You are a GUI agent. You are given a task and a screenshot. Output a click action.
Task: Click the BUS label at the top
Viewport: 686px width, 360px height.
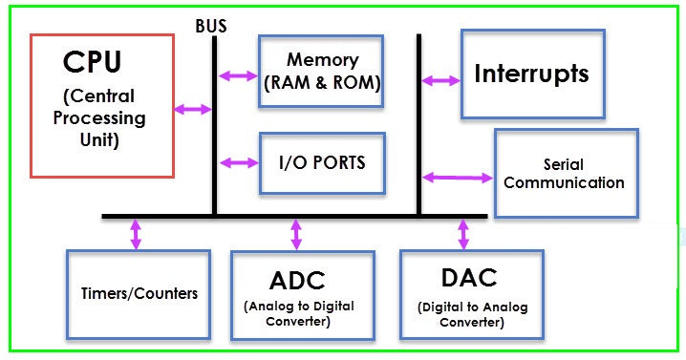(x=210, y=26)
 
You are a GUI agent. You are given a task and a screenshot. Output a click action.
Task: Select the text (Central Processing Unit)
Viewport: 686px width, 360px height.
(x=100, y=118)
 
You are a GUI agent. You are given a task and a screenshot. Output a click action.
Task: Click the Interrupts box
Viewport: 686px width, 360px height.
(x=532, y=74)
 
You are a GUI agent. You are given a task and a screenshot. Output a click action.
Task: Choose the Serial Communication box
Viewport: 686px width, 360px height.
(x=565, y=174)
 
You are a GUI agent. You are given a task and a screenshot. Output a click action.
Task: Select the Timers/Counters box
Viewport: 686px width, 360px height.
(x=138, y=293)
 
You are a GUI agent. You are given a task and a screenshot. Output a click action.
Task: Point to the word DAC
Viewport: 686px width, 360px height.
(x=471, y=278)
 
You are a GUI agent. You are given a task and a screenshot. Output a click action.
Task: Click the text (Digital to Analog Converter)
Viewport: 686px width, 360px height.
(x=471, y=314)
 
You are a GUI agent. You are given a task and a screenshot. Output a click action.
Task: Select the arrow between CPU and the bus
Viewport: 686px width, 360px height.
(x=193, y=110)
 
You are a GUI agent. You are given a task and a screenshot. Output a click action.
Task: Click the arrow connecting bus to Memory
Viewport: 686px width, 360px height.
(x=238, y=75)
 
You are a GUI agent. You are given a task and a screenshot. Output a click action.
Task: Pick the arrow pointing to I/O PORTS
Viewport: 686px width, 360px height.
(x=240, y=161)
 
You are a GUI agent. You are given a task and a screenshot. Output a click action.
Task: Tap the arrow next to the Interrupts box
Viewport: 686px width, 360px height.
(x=440, y=80)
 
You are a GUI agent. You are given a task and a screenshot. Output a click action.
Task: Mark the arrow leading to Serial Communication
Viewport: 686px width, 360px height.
(x=457, y=176)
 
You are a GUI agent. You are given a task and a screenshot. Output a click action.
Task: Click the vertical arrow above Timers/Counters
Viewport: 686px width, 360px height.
(x=136, y=234)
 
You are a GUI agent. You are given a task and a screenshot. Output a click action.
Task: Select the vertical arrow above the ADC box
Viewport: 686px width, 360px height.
(x=296, y=234)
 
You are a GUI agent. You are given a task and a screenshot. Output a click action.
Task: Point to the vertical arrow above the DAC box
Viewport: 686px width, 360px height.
(x=464, y=234)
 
